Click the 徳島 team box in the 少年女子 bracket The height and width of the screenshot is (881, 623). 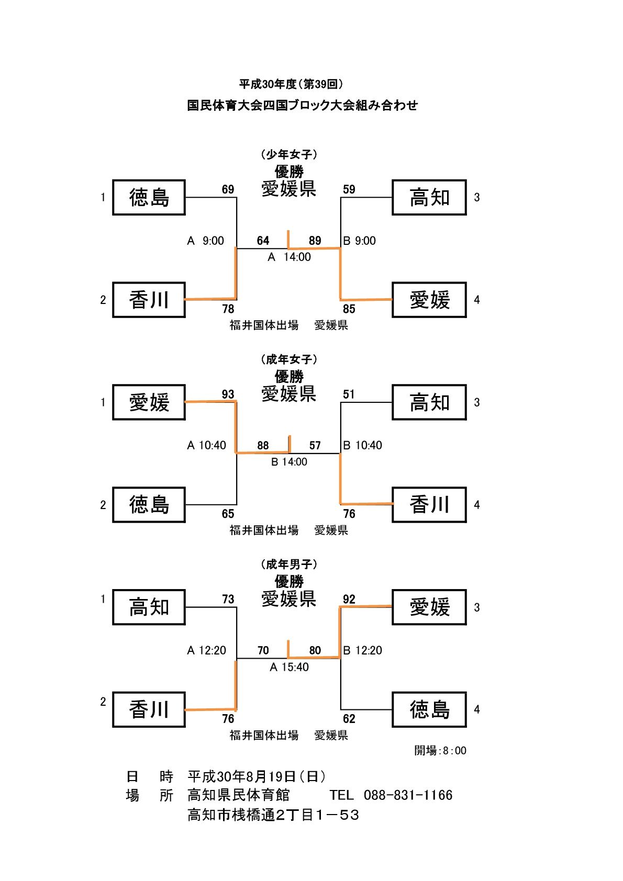point(149,197)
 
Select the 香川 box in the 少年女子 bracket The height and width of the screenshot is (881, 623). point(149,300)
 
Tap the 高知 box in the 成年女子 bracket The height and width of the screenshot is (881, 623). point(429,402)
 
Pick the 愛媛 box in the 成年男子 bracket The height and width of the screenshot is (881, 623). point(429,607)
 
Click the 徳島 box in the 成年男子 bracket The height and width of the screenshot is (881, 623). point(429,709)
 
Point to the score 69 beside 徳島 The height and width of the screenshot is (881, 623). point(228,189)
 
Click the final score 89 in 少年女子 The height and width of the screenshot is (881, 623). point(315,241)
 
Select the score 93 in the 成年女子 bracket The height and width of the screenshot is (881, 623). point(228,394)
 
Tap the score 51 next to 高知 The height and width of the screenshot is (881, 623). point(349,394)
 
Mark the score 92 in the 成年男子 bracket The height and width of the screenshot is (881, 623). point(349,599)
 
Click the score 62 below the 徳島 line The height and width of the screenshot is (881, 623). point(349,719)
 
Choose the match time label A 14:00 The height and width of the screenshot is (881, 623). point(290,257)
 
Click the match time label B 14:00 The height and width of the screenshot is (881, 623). point(290,462)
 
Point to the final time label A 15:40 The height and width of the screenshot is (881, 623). point(290,667)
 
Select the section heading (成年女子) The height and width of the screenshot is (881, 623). point(289,359)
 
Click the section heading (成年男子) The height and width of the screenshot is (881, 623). point(289,564)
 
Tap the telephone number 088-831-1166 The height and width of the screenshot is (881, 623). point(408,795)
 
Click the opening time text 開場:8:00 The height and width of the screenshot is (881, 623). point(440,751)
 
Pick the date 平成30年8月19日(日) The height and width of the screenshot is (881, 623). point(257,776)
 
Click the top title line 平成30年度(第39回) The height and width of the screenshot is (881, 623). point(291,84)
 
